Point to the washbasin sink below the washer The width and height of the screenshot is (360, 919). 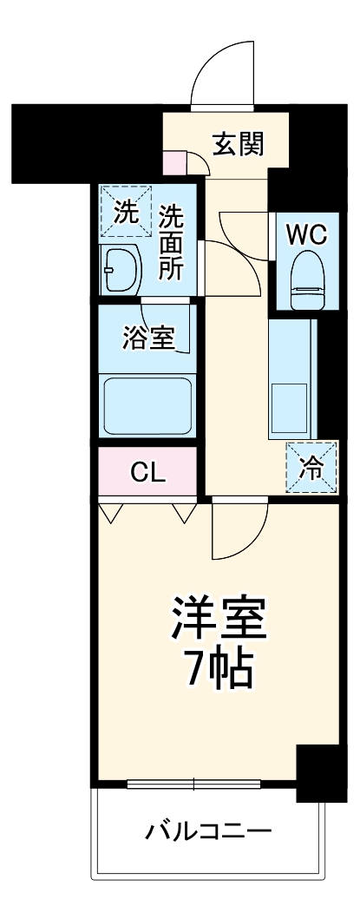coord(119,269)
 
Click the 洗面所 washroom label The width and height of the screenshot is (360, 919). coord(170,242)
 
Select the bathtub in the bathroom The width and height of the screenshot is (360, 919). coord(146,405)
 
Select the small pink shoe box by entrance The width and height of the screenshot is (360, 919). coord(175,161)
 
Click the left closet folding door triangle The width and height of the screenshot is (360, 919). coord(109,514)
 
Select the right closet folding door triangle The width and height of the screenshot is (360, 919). coord(184,514)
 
